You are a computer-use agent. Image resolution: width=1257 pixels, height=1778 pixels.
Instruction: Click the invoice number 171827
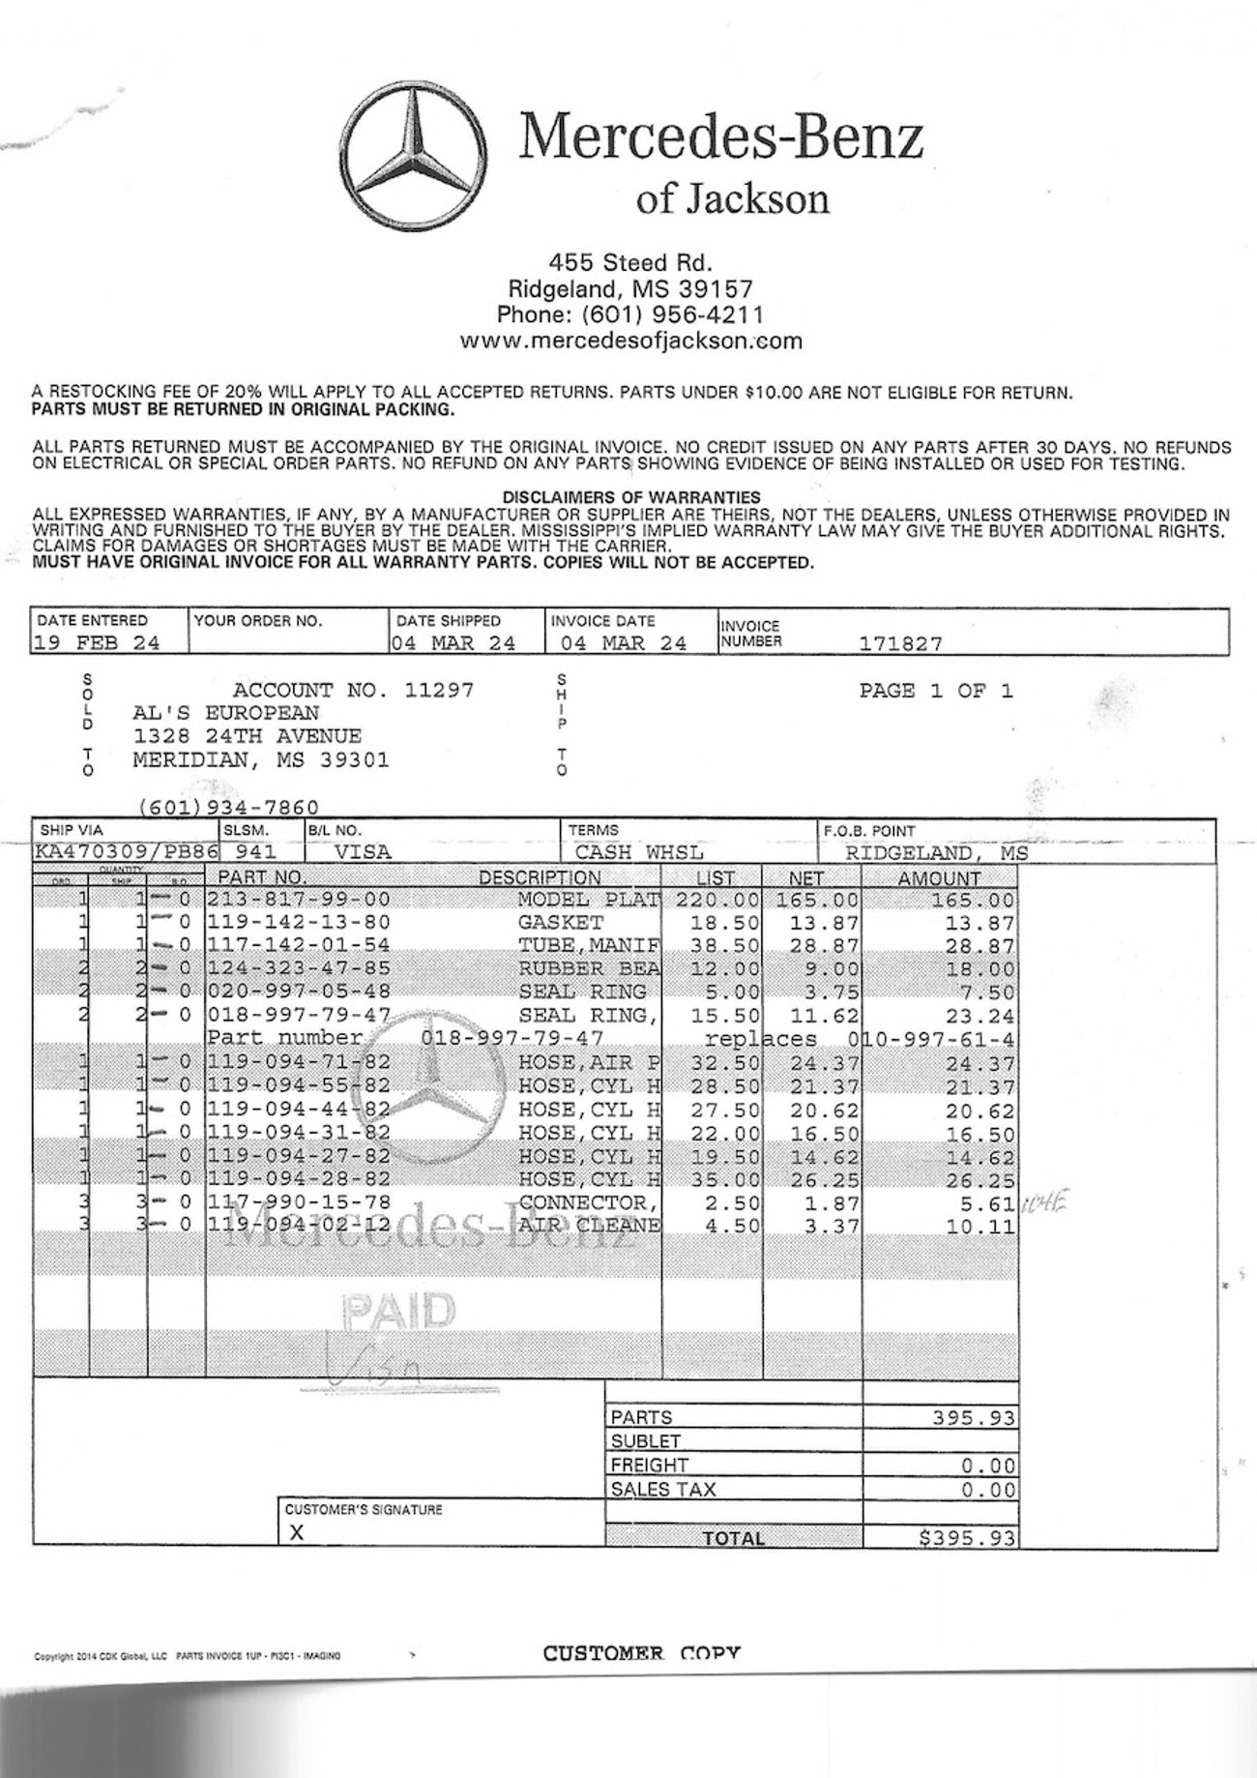pyautogui.click(x=900, y=643)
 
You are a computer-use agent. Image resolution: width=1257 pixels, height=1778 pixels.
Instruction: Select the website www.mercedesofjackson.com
pyautogui.click(x=630, y=341)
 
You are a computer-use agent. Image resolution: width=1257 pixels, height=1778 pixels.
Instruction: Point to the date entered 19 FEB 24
pyautogui.click(x=97, y=643)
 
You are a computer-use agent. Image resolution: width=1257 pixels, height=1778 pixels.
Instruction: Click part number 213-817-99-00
pyautogui.click(x=299, y=900)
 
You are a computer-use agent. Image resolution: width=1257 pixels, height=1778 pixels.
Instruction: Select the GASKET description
pyautogui.click(x=560, y=923)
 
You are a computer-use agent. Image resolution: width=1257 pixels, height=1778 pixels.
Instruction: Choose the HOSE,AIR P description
pyautogui.click(x=589, y=1062)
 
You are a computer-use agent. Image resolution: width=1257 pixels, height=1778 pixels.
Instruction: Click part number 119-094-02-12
pyautogui.click(x=299, y=1226)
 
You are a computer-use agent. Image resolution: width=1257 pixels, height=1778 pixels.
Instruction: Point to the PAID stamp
pyautogui.click(x=397, y=1312)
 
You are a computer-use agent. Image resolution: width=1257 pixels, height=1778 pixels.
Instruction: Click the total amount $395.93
pyautogui.click(x=967, y=1538)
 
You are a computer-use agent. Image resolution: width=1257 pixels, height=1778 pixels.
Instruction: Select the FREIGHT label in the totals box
pyautogui.click(x=649, y=1466)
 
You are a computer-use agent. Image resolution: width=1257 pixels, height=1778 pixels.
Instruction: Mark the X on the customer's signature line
pyautogui.click(x=297, y=1532)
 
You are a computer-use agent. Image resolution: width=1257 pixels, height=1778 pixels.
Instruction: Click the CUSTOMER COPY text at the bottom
pyautogui.click(x=641, y=1654)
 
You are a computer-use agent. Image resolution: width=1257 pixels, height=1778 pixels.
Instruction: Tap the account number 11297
pyautogui.click(x=439, y=691)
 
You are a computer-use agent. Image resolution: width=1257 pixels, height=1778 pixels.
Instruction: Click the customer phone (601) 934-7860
pyautogui.click(x=229, y=807)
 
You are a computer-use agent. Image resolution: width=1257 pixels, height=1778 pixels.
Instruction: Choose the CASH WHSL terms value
pyautogui.click(x=638, y=852)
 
